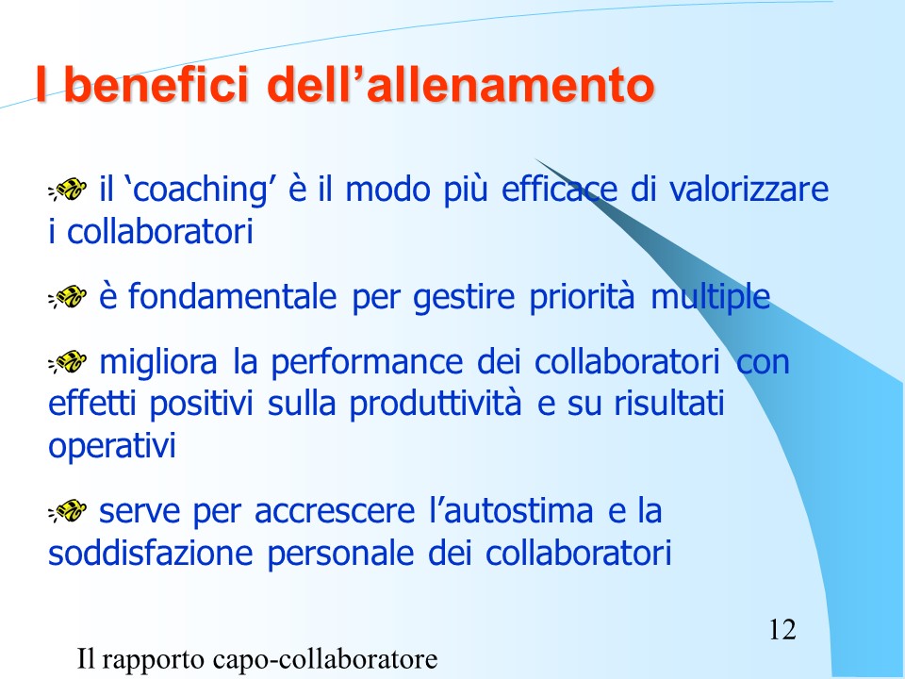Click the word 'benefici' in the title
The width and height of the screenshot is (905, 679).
tap(156, 84)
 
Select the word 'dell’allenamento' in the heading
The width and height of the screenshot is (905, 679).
tap(461, 84)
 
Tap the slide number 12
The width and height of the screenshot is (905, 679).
tap(782, 629)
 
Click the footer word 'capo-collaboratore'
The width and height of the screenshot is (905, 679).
tap(324, 659)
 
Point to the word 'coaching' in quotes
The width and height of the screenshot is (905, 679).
tap(199, 190)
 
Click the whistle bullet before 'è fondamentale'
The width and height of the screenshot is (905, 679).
tap(68, 297)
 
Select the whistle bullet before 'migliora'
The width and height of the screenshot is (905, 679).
tap(68, 362)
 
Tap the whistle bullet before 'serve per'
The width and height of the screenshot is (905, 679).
tap(68, 511)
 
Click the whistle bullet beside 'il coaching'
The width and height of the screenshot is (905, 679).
tap(68, 190)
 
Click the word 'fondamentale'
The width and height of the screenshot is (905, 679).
tap(232, 296)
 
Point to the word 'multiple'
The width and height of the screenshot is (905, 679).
tap(711, 298)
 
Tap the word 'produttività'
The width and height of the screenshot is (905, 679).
tap(436, 406)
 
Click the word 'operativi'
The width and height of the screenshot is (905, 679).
tap(112, 447)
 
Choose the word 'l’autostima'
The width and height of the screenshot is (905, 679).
tap(511, 511)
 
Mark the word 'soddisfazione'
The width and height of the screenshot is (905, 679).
tap(151, 554)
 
